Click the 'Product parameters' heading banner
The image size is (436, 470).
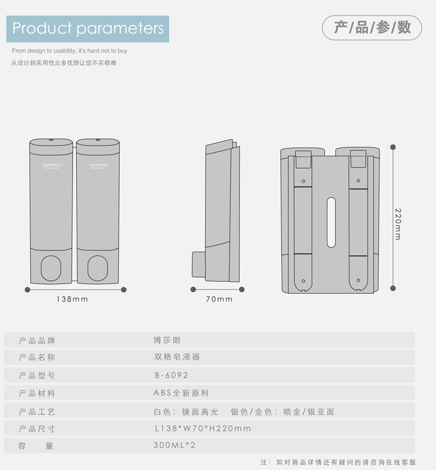88,28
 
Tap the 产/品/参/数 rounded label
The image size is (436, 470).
372,27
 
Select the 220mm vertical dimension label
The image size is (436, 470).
398,224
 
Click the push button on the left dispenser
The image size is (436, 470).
51,267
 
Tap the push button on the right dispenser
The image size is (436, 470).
97,267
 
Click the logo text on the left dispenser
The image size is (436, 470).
51,165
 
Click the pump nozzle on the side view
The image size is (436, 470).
198,264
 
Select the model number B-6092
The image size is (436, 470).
171,375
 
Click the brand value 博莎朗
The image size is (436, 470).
167,340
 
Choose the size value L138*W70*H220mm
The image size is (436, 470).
202,428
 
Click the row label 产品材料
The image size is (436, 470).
37,393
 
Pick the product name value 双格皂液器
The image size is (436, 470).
177,357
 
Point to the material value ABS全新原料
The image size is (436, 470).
181,393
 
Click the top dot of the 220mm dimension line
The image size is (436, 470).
393,147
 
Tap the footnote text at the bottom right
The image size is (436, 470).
338,462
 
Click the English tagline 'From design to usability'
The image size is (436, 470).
69,51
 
